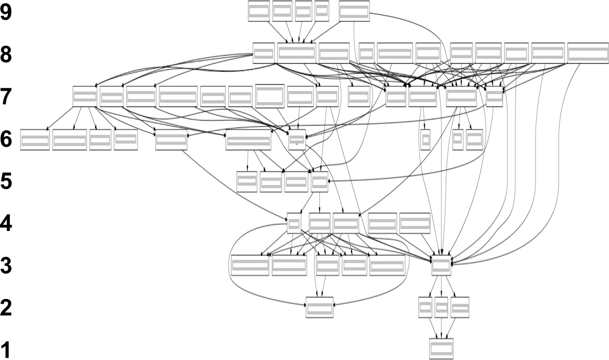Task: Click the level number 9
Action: (x=7, y=12)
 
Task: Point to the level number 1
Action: (x=6, y=350)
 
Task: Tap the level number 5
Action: (x=7, y=181)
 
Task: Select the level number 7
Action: (x=7, y=97)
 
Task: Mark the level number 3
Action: (x=7, y=266)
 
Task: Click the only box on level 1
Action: (x=441, y=349)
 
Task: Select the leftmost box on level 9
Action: (x=259, y=11)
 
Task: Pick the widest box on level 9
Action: (x=354, y=11)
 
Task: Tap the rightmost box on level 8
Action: (x=588, y=53)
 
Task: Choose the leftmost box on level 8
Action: (x=263, y=53)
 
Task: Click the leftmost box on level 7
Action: (x=85, y=96)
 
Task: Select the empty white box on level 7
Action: (x=270, y=96)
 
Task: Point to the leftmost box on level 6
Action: (x=35, y=140)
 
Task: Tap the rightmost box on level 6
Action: (x=474, y=140)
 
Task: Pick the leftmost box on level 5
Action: (x=247, y=181)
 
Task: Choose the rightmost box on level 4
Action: (x=415, y=223)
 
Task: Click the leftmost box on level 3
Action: (x=250, y=265)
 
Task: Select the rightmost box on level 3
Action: (x=441, y=265)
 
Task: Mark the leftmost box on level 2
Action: (x=319, y=308)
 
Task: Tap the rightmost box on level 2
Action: (x=460, y=308)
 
